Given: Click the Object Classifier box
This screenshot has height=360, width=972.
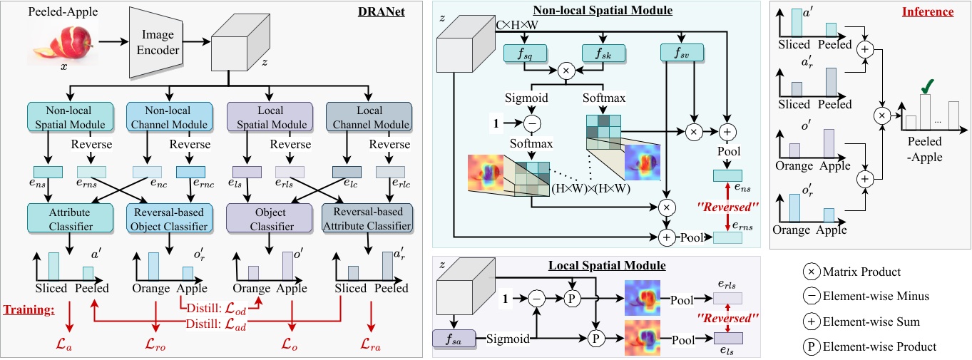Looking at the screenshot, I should point(270,218).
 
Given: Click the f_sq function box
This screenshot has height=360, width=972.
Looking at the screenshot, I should point(523,53).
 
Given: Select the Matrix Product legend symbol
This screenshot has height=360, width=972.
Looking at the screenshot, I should point(811,272).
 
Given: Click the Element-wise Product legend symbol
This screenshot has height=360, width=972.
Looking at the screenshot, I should point(811,346).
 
